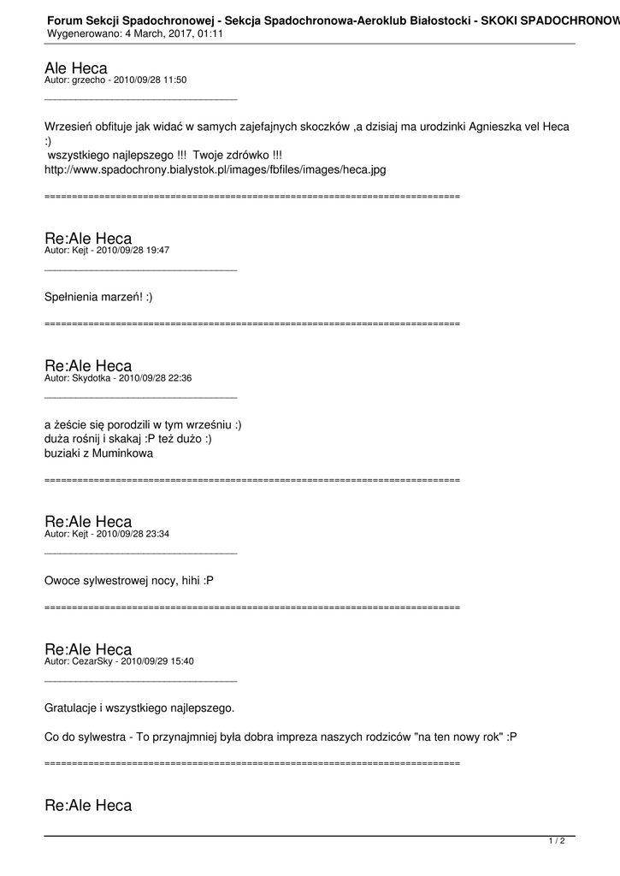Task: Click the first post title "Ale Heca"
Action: click(75, 68)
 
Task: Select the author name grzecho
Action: click(90, 80)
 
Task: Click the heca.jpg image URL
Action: click(215, 169)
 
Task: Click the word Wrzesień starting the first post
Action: click(72, 127)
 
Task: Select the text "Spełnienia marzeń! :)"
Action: click(98, 297)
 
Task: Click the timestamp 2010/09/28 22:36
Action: click(155, 378)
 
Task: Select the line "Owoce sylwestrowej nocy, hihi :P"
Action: click(128, 581)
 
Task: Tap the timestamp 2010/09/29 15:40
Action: click(157, 661)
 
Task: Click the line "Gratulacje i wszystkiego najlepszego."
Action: click(139, 708)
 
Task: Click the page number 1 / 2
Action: click(557, 841)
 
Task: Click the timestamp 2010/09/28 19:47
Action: click(133, 251)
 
